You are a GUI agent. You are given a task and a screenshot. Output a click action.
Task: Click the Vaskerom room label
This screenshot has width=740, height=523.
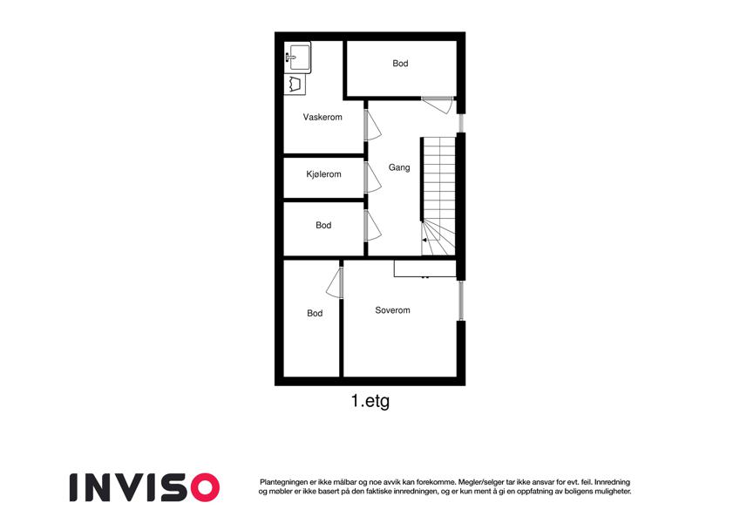tap(322, 117)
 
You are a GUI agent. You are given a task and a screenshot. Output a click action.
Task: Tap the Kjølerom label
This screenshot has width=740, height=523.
tap(323, 174)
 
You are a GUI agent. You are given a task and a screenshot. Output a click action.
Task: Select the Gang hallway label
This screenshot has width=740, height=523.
tap(399, 167)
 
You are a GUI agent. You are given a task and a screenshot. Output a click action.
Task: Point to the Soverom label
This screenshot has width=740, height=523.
tap(392, 310)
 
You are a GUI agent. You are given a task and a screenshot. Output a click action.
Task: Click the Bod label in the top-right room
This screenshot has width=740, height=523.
tap(400, 64)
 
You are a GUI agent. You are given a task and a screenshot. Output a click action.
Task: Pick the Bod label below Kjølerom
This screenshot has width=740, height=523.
tap(323, 225)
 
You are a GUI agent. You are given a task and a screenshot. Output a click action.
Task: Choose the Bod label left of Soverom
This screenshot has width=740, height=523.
tap(315, 313)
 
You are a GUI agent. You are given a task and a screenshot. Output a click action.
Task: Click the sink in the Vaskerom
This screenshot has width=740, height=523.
tap(298, 58)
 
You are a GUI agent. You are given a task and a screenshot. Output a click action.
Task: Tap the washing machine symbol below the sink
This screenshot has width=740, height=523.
tap(295, 85)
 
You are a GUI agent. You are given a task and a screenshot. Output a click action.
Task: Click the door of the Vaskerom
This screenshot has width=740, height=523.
tap(372, 125)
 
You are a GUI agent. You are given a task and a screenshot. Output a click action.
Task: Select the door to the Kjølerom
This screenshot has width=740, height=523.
tap(372, 177)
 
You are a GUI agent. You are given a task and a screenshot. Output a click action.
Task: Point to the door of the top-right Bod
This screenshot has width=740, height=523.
tap(438, 105)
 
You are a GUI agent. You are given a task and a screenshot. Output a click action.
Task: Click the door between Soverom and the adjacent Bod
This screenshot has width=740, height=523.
tap(334, 282)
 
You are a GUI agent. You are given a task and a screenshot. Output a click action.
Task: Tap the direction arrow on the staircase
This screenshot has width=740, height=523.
tap(424, 241)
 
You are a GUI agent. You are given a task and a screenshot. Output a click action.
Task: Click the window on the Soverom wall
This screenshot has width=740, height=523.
tap(461, 301)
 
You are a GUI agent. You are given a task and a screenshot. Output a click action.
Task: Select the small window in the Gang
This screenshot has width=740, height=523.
tap(461, 123)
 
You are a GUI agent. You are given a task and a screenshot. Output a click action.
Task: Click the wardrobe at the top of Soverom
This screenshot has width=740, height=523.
tap(425, 268)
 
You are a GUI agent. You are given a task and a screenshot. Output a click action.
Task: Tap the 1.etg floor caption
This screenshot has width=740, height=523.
tap(370, 402)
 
